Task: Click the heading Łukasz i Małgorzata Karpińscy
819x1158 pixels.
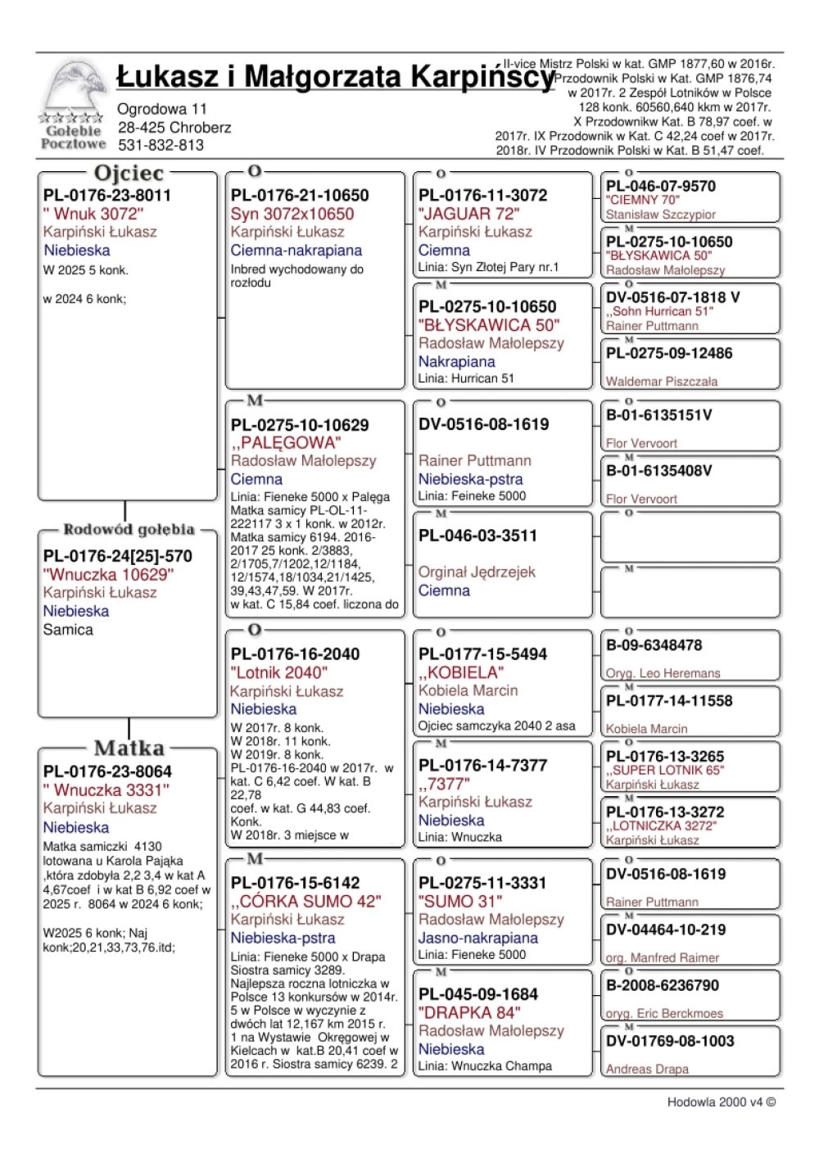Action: point(334,77)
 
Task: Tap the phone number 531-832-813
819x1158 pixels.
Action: point(161,145)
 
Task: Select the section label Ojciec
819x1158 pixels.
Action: point(129,173)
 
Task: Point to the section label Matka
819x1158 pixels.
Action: point(129,748)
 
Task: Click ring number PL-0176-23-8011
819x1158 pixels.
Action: point(107,195)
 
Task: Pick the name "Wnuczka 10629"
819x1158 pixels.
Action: point(108,574)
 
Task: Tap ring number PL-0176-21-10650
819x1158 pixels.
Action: point(300,195)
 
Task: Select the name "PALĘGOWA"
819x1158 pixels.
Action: point(286,442)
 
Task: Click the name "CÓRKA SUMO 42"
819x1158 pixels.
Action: point(305,901)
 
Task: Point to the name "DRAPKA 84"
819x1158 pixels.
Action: point(468,1012)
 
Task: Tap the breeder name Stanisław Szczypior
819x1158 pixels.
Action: point(661,215)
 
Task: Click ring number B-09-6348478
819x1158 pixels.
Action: point(654,645)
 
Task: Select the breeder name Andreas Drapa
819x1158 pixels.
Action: point(647,1069)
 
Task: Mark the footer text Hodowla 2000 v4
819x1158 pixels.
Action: point(721,1102)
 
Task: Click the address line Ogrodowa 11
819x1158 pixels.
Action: point(162,109)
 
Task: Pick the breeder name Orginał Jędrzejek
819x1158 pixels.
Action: point(477,572)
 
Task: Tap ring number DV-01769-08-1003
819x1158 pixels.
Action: point(670,1041)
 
